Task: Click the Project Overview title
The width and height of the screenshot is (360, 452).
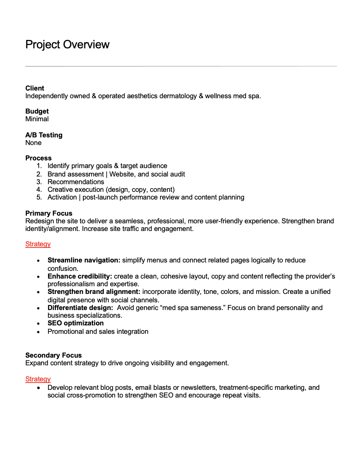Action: [67, 45]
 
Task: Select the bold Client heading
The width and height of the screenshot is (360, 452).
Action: [35, 88]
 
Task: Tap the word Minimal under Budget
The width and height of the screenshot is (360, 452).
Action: [37, 119]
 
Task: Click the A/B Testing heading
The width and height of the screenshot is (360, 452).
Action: [44, 135]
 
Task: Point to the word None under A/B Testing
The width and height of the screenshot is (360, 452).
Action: [33, 143]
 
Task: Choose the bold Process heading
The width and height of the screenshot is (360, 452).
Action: [38, 158]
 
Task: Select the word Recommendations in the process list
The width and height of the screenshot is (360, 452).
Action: [76, 182]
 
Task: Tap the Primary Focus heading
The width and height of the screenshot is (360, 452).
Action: [49, 213]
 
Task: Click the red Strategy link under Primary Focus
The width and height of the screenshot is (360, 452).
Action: [38, 244]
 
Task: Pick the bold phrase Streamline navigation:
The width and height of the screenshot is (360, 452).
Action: [84, 260]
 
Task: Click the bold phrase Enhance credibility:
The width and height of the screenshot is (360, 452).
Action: [80, 276]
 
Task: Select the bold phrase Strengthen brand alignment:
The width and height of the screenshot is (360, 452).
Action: [94, 292]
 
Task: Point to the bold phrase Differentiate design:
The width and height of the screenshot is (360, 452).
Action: [80, 308]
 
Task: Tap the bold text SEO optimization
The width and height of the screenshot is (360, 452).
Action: [76, 323]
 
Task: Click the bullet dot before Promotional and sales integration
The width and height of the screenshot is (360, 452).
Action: [38, 332]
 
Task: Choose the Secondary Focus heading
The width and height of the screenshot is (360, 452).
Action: [53, 355]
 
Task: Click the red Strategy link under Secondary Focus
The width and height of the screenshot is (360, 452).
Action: [38, 379]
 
